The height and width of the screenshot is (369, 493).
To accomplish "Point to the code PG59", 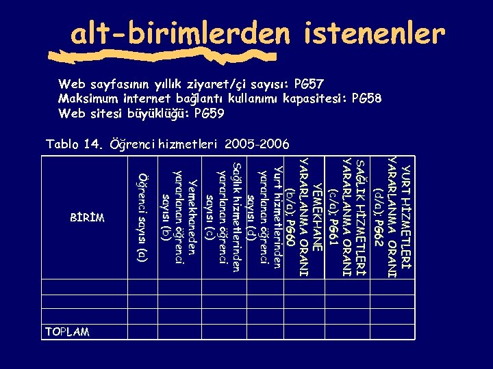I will [x=209, y=113].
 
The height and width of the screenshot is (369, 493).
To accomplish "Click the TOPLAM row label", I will [x=67, y=331].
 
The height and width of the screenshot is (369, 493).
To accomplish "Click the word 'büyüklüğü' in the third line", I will [x=159, y=113].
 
